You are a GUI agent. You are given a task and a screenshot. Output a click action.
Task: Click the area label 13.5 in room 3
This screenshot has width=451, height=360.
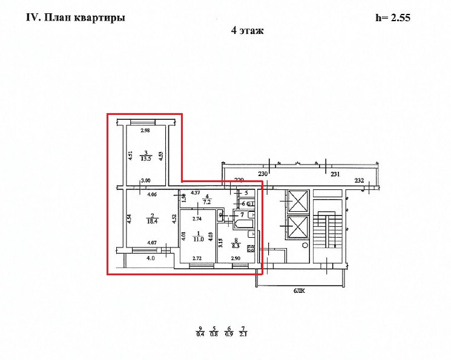click(145, 160)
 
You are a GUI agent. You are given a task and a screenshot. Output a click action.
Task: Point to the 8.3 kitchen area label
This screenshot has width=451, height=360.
click(235, 247)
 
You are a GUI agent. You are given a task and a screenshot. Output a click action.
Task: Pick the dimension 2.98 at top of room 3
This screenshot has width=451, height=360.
click(145, 131)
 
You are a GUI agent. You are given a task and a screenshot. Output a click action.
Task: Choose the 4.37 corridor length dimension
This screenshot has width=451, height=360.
click(196, 193)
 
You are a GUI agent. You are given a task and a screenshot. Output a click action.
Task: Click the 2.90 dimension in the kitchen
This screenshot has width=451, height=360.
click(235, 258)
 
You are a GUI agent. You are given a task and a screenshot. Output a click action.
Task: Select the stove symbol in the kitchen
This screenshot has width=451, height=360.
click(251, 247)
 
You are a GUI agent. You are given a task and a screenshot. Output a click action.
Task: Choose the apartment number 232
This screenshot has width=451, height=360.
click(360, 180)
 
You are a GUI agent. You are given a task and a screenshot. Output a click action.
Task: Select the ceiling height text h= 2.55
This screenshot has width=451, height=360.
click(393, 18)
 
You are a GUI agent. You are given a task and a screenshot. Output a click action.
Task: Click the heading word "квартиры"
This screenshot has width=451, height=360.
click(104, 18)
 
